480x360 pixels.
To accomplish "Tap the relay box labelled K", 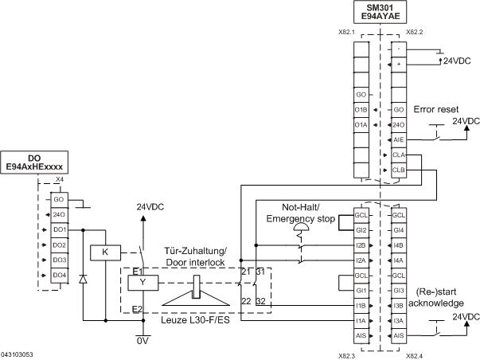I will point(104,252).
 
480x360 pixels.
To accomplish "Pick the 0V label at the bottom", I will point(143,340).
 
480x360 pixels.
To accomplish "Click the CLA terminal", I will point(398,155).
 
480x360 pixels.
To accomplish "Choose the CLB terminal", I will point(398,170).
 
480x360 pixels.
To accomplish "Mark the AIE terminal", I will point(398,139).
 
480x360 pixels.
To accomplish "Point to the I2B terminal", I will point(361,245).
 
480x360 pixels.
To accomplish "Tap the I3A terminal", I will point(398,321).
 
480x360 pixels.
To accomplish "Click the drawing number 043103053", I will point(18,352).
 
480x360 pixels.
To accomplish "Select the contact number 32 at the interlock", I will point(260,301).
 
